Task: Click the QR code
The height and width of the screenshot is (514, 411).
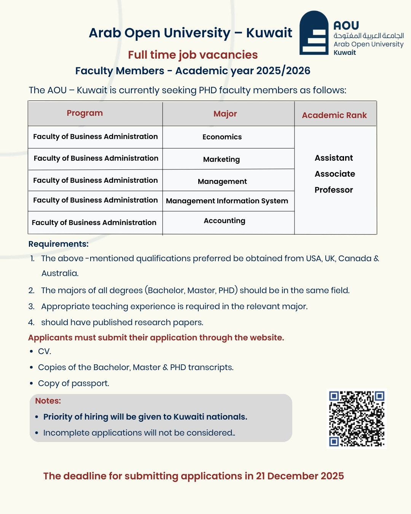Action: coord(357,418)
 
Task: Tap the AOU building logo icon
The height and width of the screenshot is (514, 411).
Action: coord(314,33)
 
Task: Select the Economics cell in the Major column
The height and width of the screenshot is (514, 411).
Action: coord(222,137)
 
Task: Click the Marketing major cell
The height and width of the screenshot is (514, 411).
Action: coord(221,159)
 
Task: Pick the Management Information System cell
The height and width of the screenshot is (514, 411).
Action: coord(227,201)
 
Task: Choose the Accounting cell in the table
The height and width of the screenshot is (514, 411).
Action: coord(225,221)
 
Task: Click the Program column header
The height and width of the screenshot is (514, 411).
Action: coord(85,113)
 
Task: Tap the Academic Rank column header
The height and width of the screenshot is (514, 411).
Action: coord(334,115)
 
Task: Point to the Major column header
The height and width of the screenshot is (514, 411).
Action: coord(225,114)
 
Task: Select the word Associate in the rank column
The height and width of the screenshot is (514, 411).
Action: coord(335,174)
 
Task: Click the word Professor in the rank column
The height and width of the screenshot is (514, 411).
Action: coord(334,190)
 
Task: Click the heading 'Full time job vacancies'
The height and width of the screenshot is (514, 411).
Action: coord(193,55)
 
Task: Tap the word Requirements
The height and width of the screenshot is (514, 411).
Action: coord(58,244)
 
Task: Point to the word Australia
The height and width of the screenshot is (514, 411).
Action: coord(60,273)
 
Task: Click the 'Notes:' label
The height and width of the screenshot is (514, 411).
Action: coord(48,401)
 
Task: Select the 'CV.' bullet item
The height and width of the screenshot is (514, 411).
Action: coord(45,351)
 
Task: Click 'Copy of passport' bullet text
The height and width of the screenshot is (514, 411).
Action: coord(73,383)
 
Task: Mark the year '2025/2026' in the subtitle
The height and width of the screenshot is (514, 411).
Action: coord(283,71)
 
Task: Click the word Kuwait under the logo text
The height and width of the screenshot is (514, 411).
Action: coord(345,53)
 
